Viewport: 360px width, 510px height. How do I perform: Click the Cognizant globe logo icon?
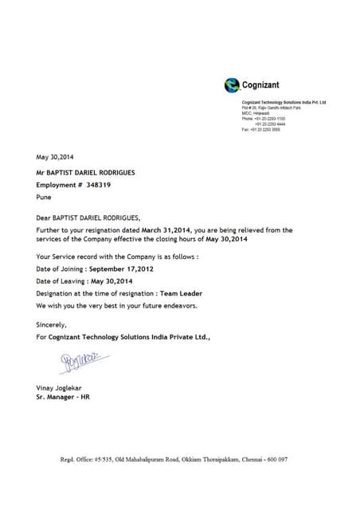point(232,85)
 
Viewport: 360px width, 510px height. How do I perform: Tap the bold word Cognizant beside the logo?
point(260,85)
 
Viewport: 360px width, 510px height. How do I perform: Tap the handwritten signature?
point(80,361)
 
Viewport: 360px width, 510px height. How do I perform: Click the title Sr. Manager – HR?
point(63,397)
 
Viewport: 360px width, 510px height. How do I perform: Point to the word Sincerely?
point(52,324)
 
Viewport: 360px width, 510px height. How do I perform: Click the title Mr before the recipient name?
point(41,171)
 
